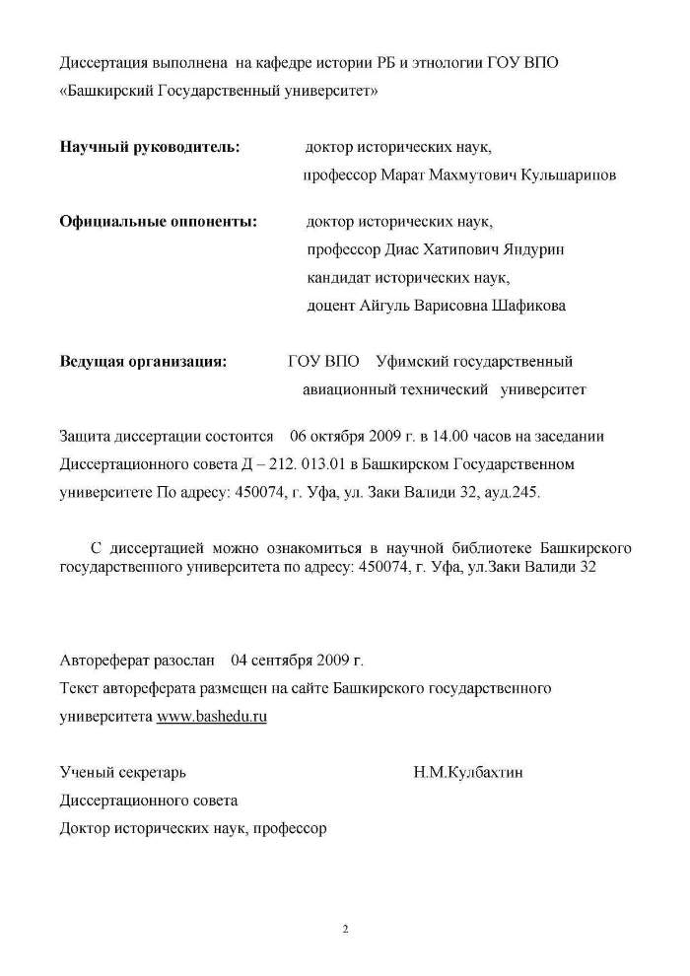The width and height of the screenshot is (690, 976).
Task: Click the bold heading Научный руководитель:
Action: pyautogui.click(x=149, y=148)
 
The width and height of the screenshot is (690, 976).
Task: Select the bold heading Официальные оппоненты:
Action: pyautogui.click(x=159, y=222)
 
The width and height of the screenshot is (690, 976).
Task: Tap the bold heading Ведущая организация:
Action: pyautogui.click(x=143, y=362)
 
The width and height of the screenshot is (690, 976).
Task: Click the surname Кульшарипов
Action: pyautogui.click(x=567, y=175)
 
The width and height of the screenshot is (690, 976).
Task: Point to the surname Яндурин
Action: pyautogui.click(x=528, y=249)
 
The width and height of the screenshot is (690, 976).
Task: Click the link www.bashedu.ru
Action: pyautogui.click(x=212, y=717)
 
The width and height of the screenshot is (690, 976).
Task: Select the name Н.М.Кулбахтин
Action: pyautogui.click(x=468, y=773)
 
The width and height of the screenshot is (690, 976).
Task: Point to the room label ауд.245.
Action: pyautogui.click(x=508, y=491)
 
